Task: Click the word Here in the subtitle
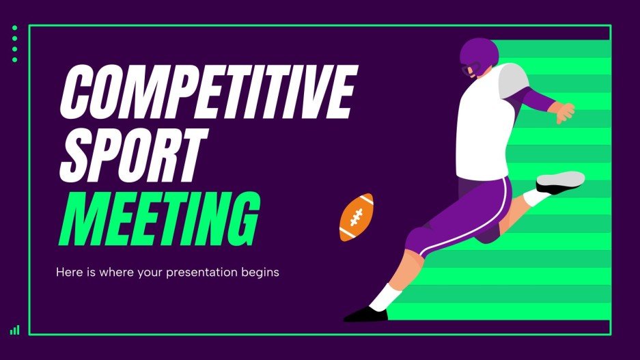pyautogui.click(x=67, y=272)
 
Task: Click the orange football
pyautogui.click(x=357, y=217)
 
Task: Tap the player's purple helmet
pyautogui.click(x=478, y=54)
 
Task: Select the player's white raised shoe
pyautogui.click(x=561, y=180)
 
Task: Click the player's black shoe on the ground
pyautogui.click(x=365, y=314)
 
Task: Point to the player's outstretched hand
pyautogui.click(x=564, y=112)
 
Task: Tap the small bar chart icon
pyautogui.click(x=15, y=330)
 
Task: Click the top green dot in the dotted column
pyautogui.click(x=14, y=28)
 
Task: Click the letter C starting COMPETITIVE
pyautogui.click(x=76, y=92)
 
